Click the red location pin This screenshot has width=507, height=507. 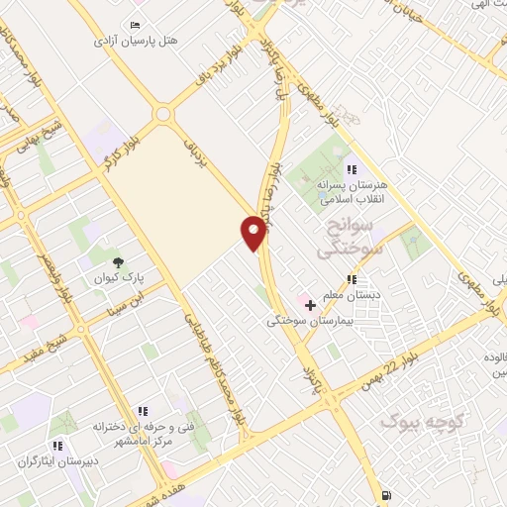click(253, 232)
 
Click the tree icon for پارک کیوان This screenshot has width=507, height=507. click(119, 262)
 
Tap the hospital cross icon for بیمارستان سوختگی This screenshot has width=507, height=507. click(311, 304)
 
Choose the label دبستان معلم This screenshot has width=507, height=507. click(354, 294)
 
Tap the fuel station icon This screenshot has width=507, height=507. click(385, 495)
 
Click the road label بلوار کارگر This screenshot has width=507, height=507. click(119, 151)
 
